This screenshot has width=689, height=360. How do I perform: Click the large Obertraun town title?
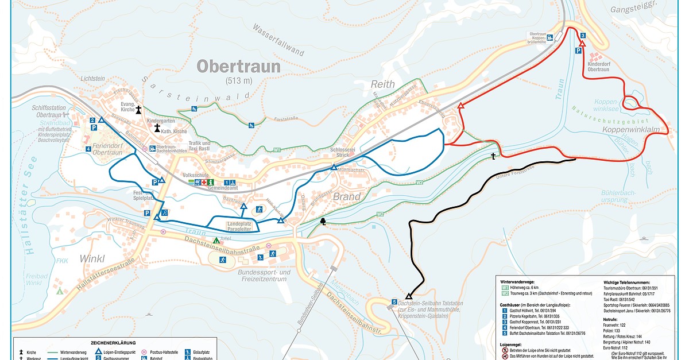pyautogui.click(x=239, y=67)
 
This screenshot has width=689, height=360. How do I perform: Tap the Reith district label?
pyautogui.click(x=382, y=84)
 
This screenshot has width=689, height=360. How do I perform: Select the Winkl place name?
pyautogui.click(x=94, y=258)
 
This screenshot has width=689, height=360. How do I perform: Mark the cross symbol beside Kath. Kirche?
pyautogui.click(x=157, y=129)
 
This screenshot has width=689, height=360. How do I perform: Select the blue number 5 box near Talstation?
pyautogui.click(x=394, y=302)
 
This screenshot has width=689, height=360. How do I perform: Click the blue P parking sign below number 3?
pyautogui.click(x=578, y=51)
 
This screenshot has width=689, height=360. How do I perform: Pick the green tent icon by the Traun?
pyautogui.click(x=216, y=241)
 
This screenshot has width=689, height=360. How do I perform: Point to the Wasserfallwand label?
pyautogui.click(x=278, y=40)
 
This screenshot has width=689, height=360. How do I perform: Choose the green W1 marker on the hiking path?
pyautogui.click(x=277, y=150)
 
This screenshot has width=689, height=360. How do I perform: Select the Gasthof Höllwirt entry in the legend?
pyautogui.click(x=528, y=310)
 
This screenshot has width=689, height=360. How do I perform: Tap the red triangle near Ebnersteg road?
pyautogui.click(x=460, y=106)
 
